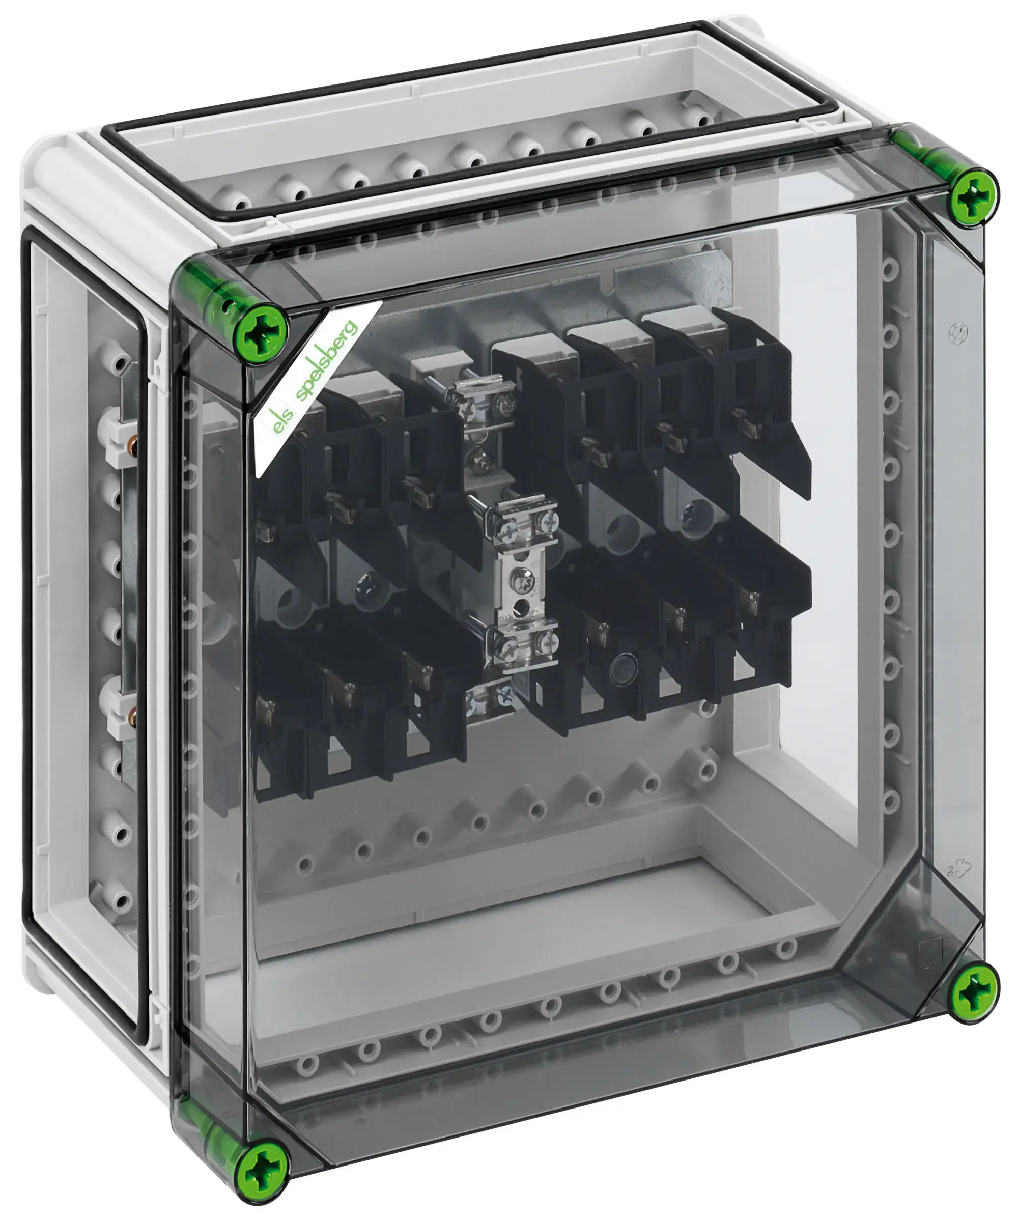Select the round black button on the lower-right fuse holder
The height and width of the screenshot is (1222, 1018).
[x=621, y=667]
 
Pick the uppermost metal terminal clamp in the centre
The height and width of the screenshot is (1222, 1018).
[x=481, y=394]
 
